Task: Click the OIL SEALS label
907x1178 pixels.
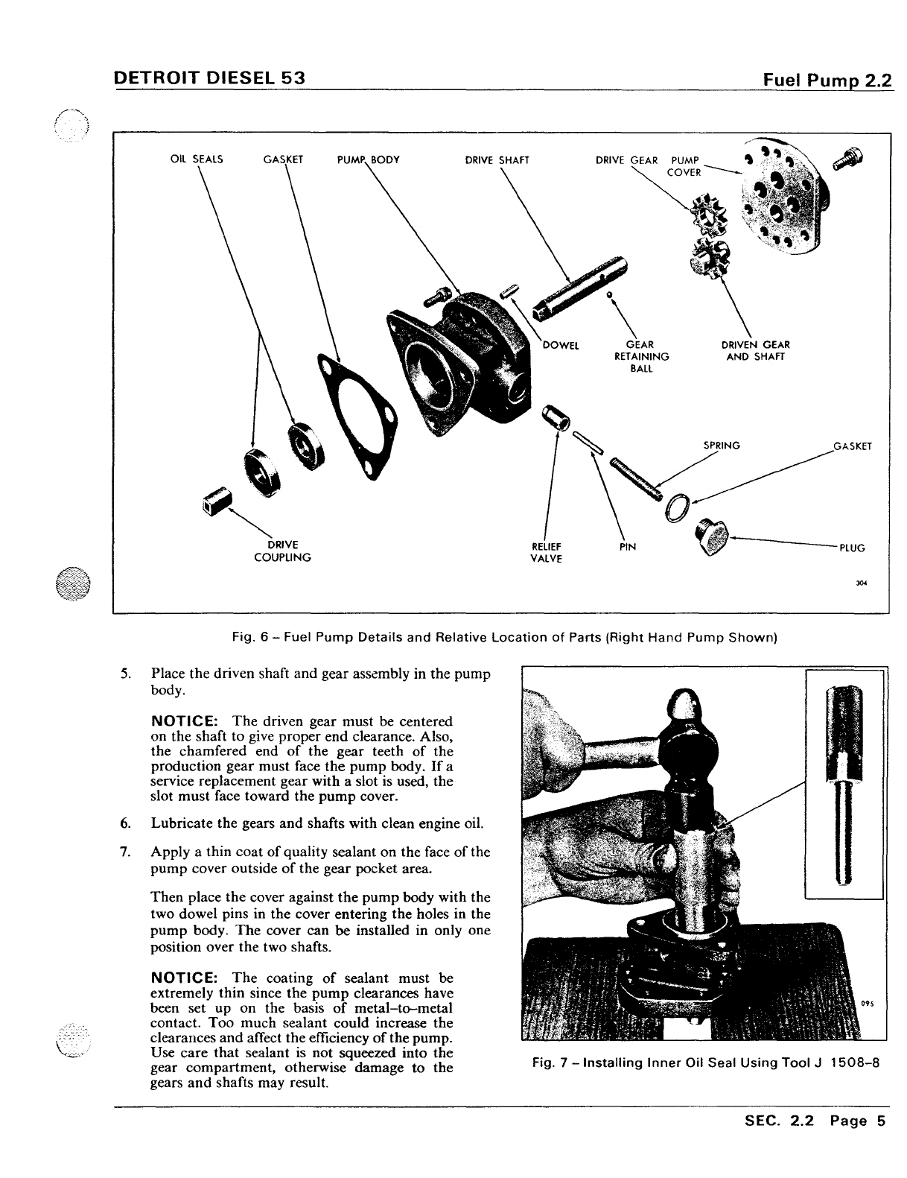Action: coord(197,159)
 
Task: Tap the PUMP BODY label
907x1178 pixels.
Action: coord(369,159)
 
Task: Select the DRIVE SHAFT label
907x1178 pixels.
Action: coord(497,159)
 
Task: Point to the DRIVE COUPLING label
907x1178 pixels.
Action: coord(282,551)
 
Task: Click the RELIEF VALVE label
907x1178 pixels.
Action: coord(546,552)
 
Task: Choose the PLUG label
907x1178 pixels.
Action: coord(852,547)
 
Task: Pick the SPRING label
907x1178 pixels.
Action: coord(722,446)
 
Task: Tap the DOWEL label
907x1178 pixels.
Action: coord(561,345)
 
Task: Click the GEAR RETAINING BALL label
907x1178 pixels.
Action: coord(641,356)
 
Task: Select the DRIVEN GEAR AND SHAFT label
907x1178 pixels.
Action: coord(755,350)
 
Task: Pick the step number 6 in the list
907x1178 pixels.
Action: coord(125,823)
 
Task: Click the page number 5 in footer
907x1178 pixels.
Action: coord(880,1141)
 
